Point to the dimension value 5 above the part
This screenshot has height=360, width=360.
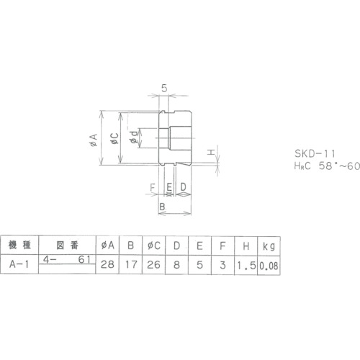(164, 89)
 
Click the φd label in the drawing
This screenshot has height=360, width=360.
(132, 138)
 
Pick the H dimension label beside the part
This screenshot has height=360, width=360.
(211, 153)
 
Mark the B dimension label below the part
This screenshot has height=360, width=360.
(162, 206)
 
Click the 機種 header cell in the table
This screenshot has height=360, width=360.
(17, 246)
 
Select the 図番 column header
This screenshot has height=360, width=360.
(66, 246)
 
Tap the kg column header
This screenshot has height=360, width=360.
(269, 246)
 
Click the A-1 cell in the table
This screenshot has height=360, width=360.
(17, 264)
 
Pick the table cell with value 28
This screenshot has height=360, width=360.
(109, 264)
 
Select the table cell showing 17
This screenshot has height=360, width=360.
(131, 264)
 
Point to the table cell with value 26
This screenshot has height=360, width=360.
(154, 264)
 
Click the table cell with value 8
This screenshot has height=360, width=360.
(177, 264)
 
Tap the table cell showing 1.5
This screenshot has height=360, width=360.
(246, 264)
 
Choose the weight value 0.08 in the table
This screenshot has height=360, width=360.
(269, 264)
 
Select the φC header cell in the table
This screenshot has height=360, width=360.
(154, 246)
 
